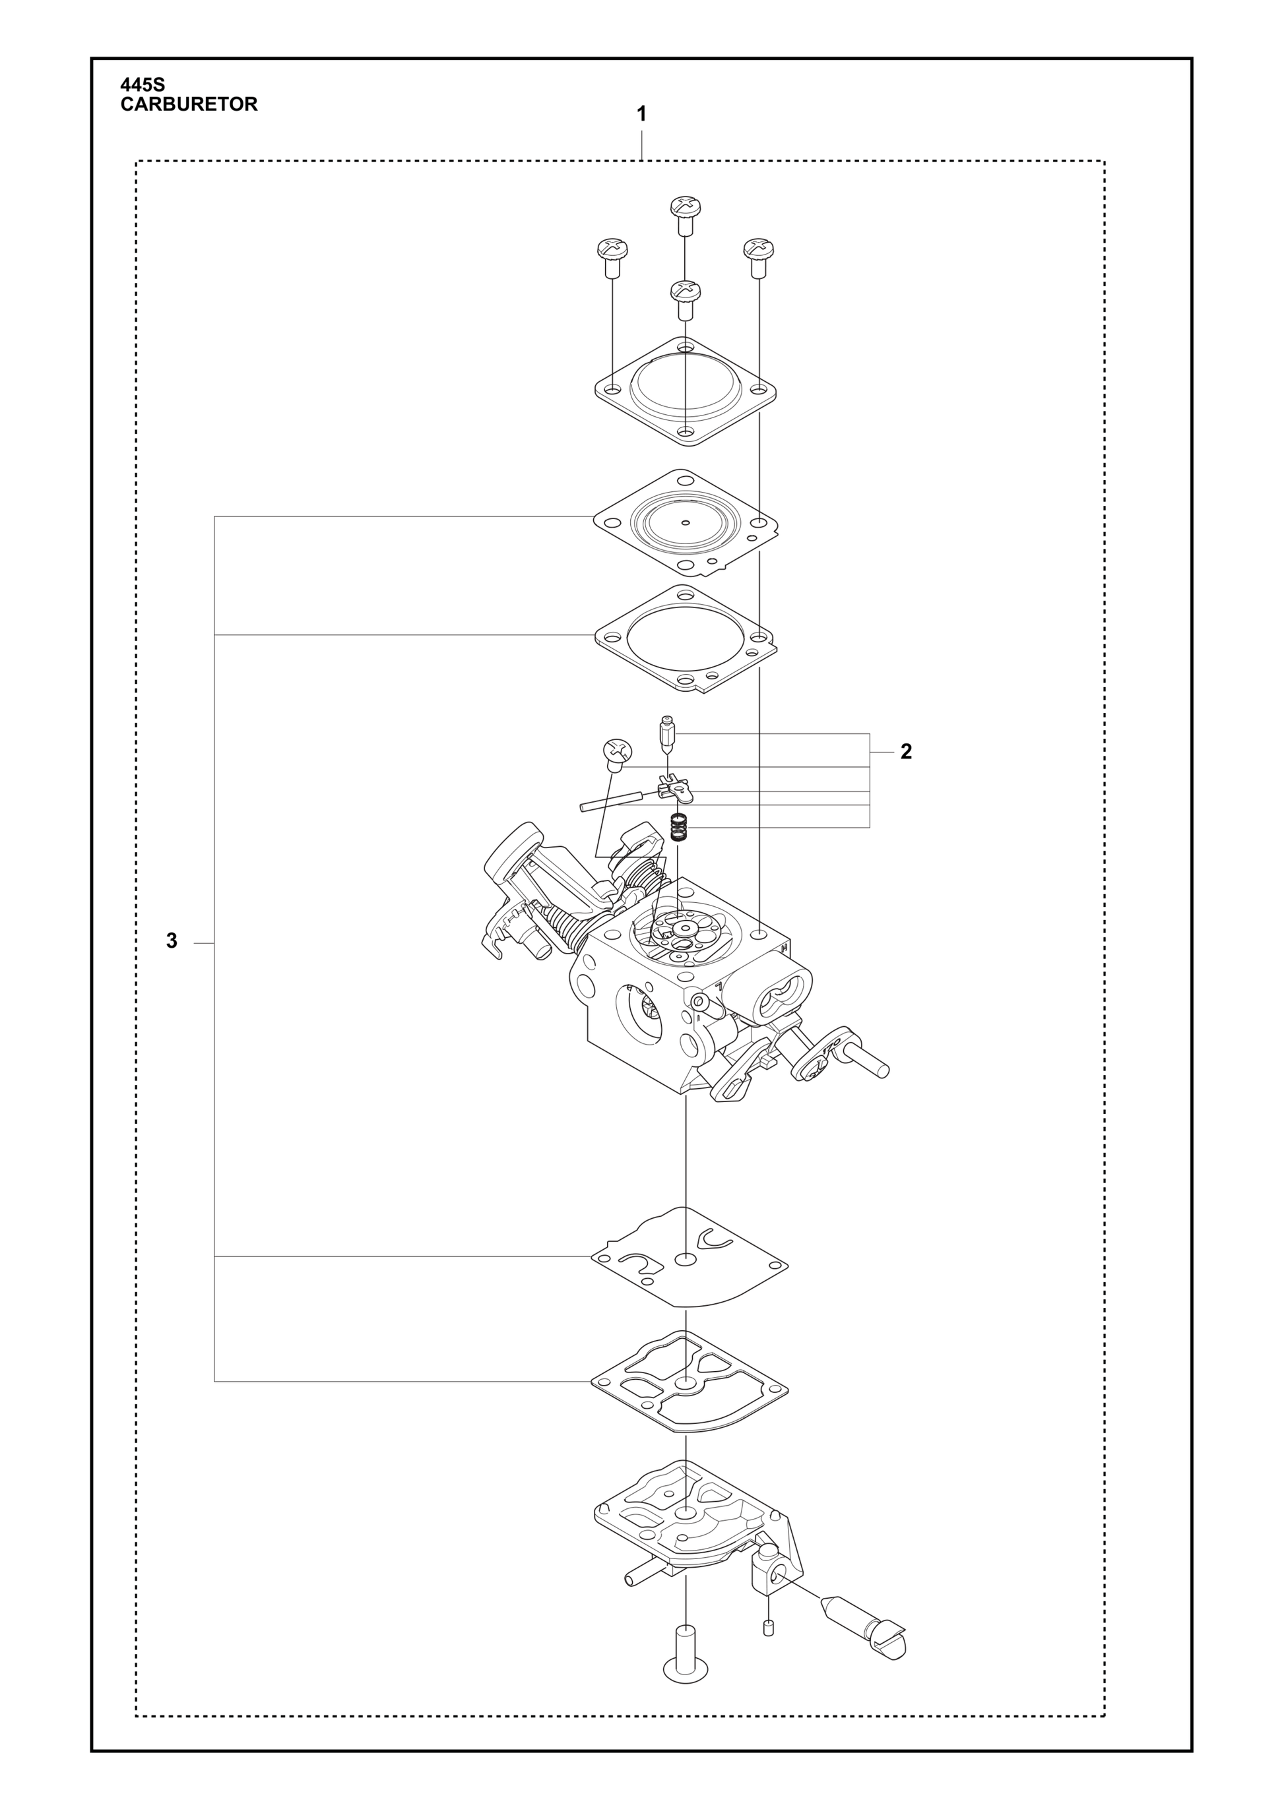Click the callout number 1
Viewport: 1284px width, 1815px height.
641,115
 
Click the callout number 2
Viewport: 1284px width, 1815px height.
906,752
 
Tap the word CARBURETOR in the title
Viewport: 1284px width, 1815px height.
189,104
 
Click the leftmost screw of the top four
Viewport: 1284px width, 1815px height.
611,258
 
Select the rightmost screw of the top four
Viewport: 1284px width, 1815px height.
758,258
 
